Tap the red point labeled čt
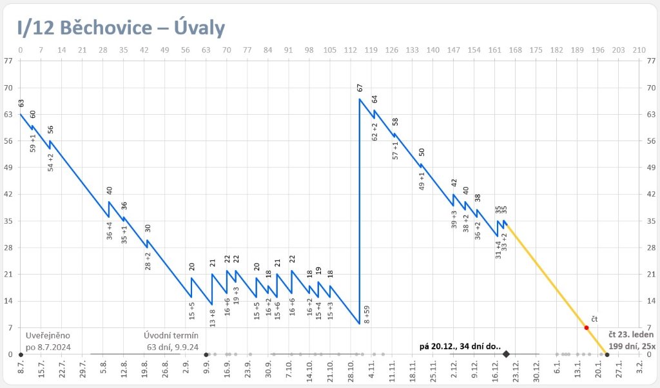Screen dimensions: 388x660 [586, 327]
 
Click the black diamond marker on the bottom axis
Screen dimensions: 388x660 [506, 354]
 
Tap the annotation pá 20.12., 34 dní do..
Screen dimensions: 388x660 [460, 346]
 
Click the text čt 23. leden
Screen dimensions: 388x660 [631, 335]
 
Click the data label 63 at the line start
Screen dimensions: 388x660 [21, 102]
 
